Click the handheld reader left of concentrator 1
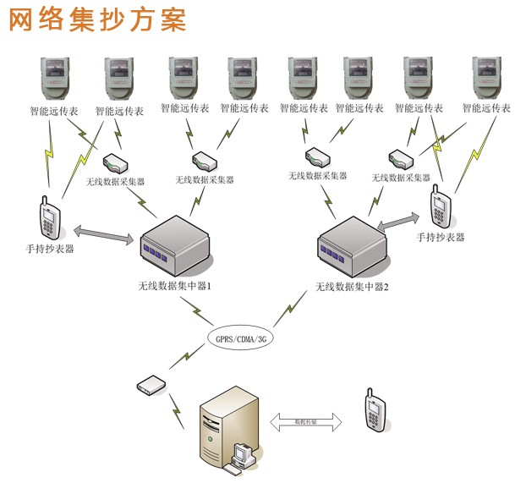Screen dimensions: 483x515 click(52, 218)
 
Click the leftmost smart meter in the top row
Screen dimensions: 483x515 click(50, 80)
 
